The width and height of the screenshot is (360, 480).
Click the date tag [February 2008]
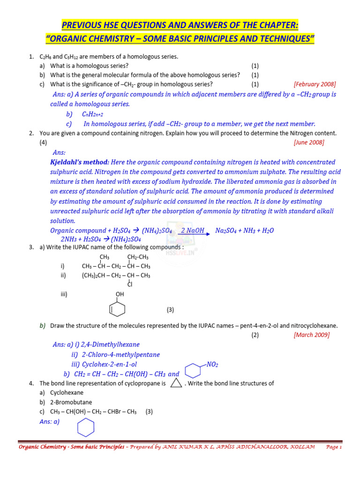[x=315, y=84]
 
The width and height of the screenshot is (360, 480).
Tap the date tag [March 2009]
[x=311, y=335]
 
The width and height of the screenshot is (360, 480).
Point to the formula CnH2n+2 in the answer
[x=92, y=114]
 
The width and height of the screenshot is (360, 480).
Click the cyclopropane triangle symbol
[x=176, y=383]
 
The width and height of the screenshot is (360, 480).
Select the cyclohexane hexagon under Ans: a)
[x=86, y=427]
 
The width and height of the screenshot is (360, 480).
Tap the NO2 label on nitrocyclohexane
[x=212, y=364]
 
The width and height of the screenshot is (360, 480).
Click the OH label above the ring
[x=120, y=294]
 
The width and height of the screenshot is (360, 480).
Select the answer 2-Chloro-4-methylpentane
[x=120, y=354]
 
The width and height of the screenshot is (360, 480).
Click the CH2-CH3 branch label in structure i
[x=138, y=257]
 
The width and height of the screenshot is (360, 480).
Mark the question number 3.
[x=31, y=247]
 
